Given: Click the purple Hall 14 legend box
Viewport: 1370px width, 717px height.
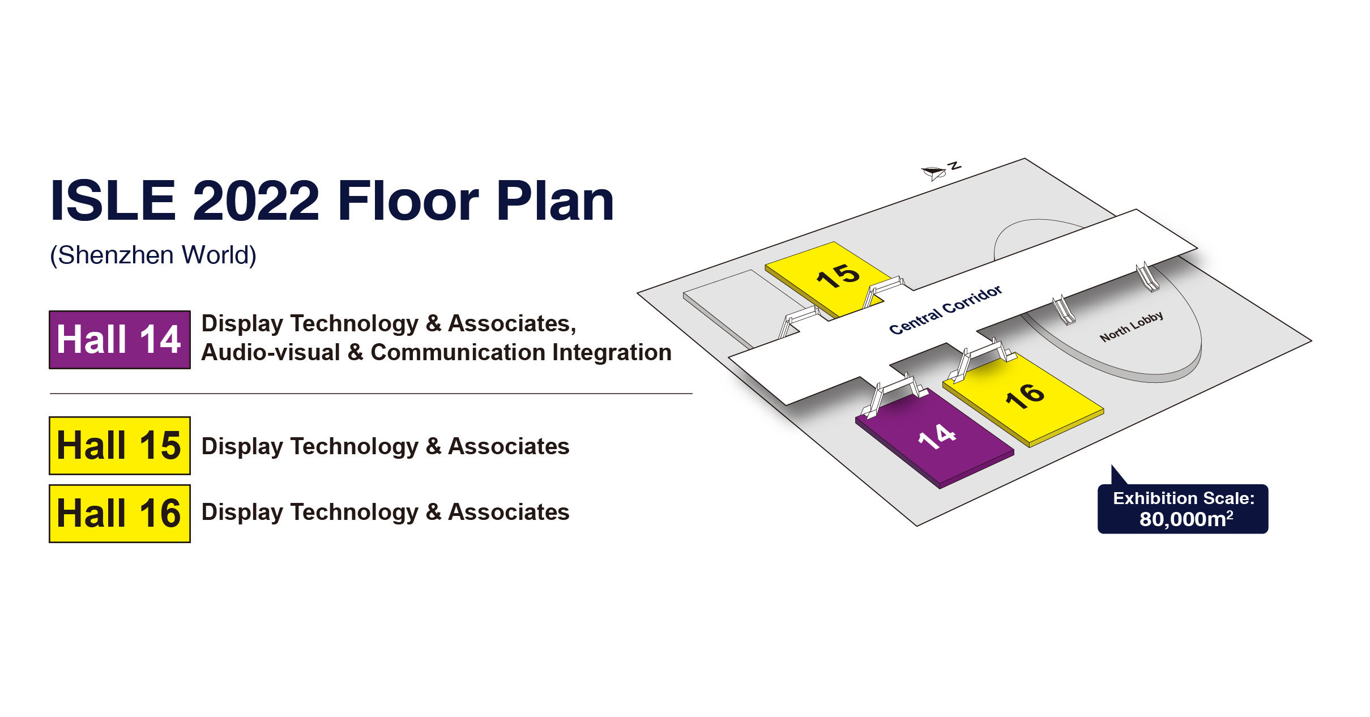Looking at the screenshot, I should [119, 340].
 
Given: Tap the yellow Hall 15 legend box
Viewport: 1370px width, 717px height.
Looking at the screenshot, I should [119, 446].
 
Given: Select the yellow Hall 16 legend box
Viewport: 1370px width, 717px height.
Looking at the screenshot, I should [119, 514].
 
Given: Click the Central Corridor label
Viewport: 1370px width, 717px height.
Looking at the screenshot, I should [945, 310].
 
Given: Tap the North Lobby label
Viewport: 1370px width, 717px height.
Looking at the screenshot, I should [1131, 326].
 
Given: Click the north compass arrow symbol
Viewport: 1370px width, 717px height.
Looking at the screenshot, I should [934, 172].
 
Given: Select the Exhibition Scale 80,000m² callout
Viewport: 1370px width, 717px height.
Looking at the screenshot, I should [1183, 509].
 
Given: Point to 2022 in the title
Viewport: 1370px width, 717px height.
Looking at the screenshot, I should [256, 201].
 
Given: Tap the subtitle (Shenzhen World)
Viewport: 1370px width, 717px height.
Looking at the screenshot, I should [153, 255].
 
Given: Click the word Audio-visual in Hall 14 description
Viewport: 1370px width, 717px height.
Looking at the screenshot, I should [270, 353].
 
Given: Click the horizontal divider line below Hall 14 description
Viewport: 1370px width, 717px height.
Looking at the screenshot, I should [371, 393].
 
